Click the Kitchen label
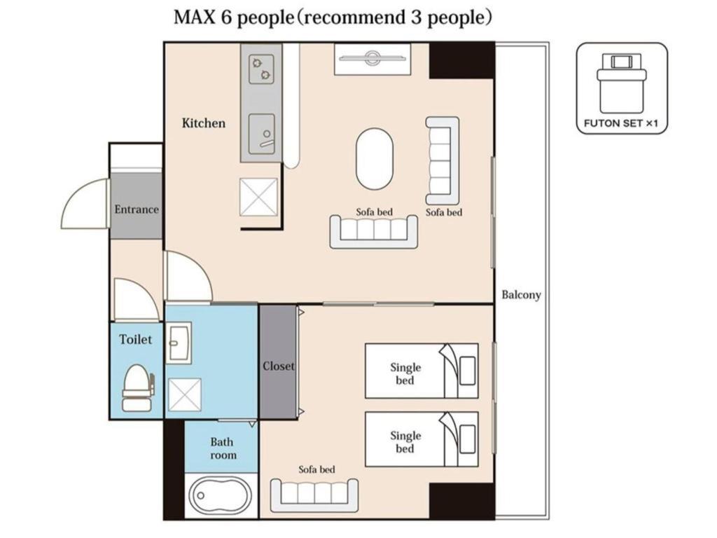[x=204, y=123]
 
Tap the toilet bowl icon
[x=138, y=387]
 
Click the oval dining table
[x=374, y=159]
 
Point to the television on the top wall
[x=373, y=58]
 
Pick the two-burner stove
[x=262, y=69]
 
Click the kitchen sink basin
[x=262, y=134]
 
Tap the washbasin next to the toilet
[x=179, y=343]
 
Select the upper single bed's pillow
[x=467, y=371]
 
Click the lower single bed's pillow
[x=467, y=439]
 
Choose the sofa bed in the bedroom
[x=314, y=495]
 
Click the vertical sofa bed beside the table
[x=443, y=160]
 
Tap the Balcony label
[x=521, y=295]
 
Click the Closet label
[x=279, y=366]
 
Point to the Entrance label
[x=137, y=209]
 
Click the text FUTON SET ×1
[x=621, y=123]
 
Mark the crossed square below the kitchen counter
[x=259, y=197]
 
